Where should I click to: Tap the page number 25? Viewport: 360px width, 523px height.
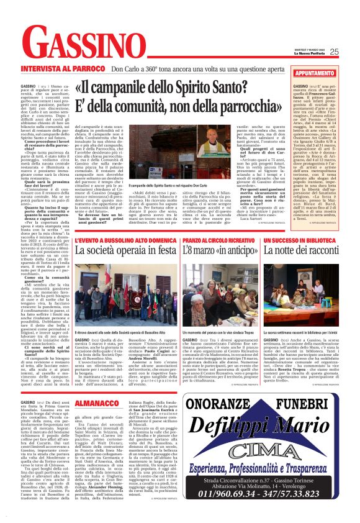coord(351,52)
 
